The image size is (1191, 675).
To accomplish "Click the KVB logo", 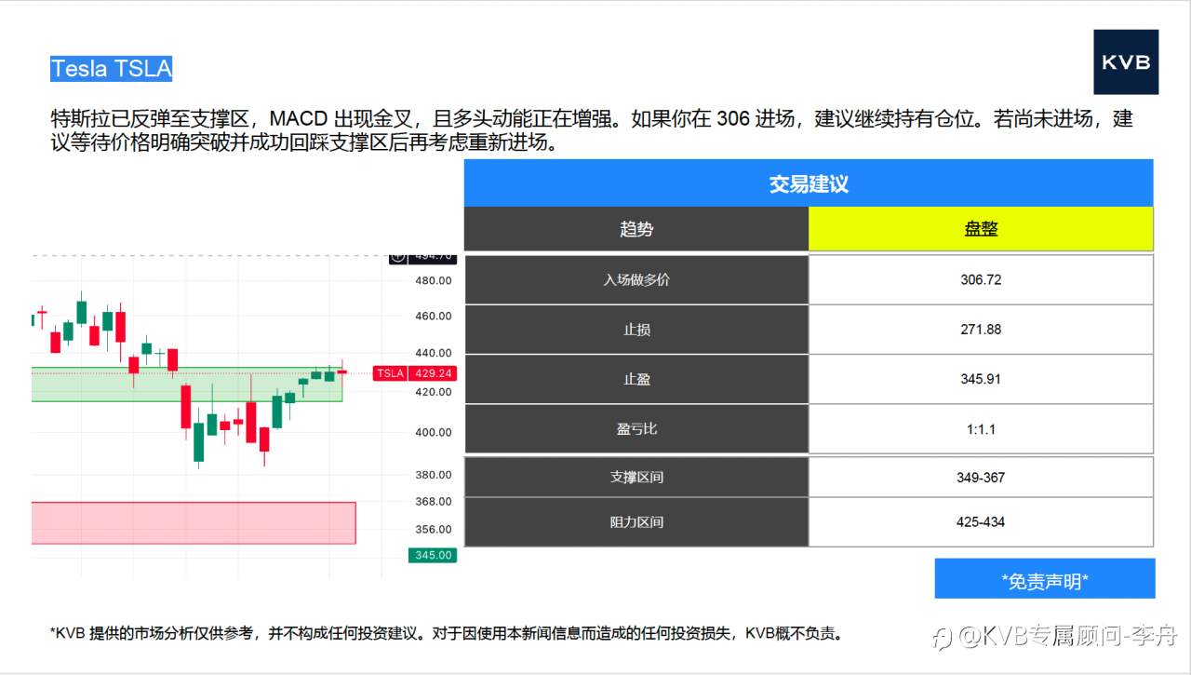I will [1126, 62].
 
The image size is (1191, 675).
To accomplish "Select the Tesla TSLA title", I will [112, 69].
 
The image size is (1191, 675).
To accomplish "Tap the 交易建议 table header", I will [808, 183].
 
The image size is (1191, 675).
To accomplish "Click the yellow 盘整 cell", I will [981, 229].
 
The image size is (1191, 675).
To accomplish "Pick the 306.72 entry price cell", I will [981, 279].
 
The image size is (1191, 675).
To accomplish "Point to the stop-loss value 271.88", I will [981, 330].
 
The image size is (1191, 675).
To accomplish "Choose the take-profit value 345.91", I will [981, 379].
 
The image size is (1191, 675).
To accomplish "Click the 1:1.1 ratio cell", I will [981, 429].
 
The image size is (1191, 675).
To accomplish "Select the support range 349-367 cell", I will [981, 478].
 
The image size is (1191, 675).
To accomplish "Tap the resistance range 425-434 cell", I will [981, 522].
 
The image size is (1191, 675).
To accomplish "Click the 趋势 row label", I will [636, 229].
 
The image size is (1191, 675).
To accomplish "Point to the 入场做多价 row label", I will [636, 279].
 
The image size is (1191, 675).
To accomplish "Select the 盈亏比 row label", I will [636, 429].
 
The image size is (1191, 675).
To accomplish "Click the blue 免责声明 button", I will [1045, 581].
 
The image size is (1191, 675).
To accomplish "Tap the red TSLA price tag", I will [390, 373].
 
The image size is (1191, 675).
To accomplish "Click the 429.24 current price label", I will [434, 373].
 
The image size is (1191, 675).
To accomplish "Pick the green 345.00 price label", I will [433, 555].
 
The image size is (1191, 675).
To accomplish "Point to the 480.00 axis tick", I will [433, 280].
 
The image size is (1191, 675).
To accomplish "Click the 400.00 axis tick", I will [433, 432].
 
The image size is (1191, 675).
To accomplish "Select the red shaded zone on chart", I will [194, 523].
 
